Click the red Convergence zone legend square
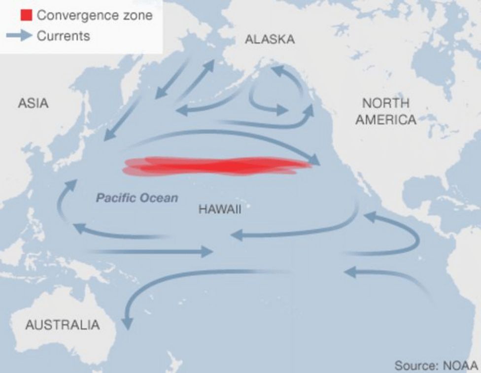(x=26, y=15)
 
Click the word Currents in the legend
(x=64, y=36)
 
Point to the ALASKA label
(x=270, y=39)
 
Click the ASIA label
(x=33, y=103)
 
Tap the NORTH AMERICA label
(x=385, y=111)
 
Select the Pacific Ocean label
(x=137, y=198)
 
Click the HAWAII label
(x=220, y=209)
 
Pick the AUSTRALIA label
(x=62, y=325)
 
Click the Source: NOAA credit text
(x=436, y=365)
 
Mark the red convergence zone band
(x=217, y=166)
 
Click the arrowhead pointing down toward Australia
(x=127, y=323)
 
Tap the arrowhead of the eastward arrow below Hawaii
(x=207, y=251)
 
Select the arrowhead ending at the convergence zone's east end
(x=314, y=159)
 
